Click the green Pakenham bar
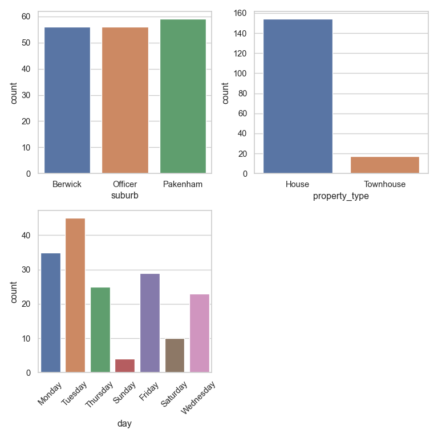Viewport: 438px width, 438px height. (x=182, y=96)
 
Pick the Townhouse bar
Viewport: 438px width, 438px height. (x=385, y=165)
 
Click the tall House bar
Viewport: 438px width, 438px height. (x=298, y=96)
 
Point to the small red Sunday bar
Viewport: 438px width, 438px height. (x=125, y=366)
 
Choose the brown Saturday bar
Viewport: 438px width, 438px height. (x=175, y=356)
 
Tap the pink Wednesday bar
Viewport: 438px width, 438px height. (x=199, y=333)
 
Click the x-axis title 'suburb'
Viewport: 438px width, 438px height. (x=125, y=196)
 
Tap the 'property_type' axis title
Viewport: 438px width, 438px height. (x=341, y=196)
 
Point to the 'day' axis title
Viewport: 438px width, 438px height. (x=125, y=423)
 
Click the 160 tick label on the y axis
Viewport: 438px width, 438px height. (x=240, y=14)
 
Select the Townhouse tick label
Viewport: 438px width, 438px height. (x=385, y=184)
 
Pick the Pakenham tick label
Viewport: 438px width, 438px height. (x=182, y=184)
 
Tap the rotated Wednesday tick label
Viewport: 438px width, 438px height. (x=198, y=399)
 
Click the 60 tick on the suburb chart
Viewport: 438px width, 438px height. (x=26, y=17)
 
